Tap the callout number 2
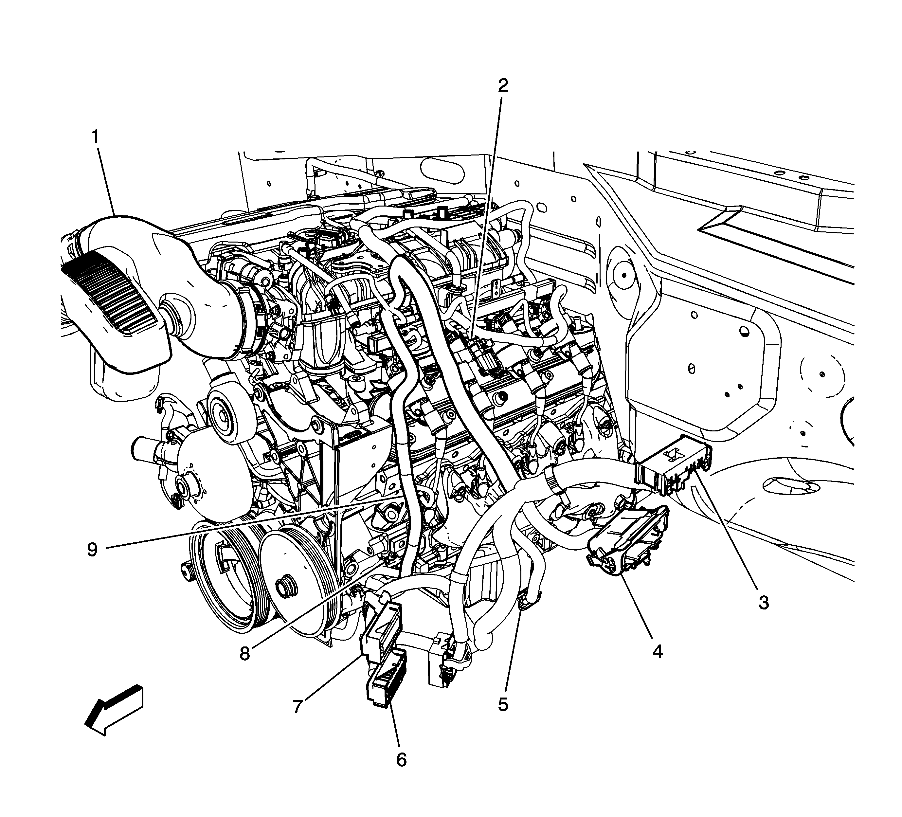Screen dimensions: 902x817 click(503, 85)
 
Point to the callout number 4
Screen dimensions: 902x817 click(657, 651)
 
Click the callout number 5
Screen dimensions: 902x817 click(503, 705)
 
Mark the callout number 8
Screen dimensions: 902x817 click(245, 654)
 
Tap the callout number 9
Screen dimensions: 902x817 click(92, 550)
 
